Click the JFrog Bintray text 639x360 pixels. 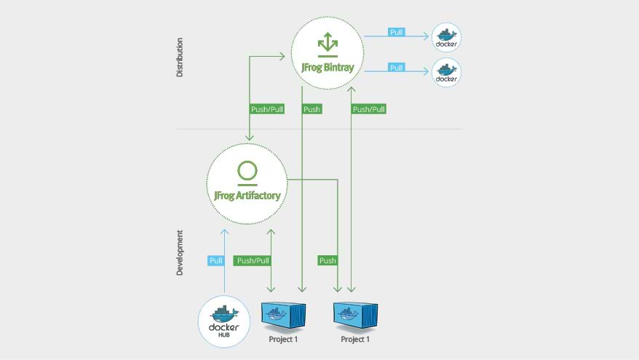[x=328, y=67]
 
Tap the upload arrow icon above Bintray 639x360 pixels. [x=328, y=44]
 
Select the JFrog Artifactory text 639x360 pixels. [x=247, y=196]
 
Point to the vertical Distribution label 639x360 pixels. [x=179, y=57]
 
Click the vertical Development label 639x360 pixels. [x=179, y=252]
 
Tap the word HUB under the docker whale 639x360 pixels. [x=223, y=335]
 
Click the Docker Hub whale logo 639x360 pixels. [x=223, y=321]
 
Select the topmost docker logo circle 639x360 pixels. [x=446, y=38]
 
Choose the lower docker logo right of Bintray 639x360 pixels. [x=446, y=73]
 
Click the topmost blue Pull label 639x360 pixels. [x=396, y=32]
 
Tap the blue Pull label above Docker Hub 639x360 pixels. [x=215, y=260]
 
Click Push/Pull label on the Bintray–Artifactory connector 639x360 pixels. [x=267, y=109]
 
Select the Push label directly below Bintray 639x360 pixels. [x=311, y=109]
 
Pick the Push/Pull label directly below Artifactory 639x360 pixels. [x=253, y=260]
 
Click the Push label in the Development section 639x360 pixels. [x=328, y=260]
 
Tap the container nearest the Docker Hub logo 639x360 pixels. [x=283, y=315]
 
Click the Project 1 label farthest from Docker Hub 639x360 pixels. [x=355, y=339]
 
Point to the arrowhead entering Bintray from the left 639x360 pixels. [x=282, y=57]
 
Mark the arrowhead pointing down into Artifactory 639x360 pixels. [x=250, y=137]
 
